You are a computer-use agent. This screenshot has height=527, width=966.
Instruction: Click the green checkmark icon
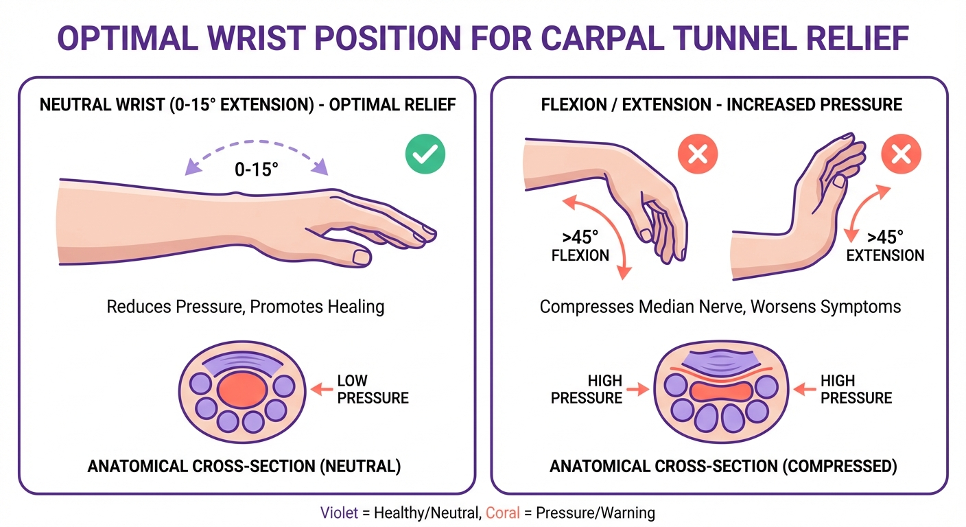(x=425, y=154)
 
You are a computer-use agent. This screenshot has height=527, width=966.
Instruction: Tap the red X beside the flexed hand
(x=698, y=154)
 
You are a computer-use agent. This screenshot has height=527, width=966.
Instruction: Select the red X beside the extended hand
(x=901, y=154)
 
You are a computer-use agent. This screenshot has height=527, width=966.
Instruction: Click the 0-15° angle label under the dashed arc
(x=257, y=170)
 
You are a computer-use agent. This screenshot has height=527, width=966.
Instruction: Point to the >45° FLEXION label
(x=580, y=246)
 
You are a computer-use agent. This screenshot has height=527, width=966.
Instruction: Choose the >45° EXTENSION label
(x=885, y=246)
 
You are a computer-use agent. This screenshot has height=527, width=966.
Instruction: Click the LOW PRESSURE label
(x=373, y=389)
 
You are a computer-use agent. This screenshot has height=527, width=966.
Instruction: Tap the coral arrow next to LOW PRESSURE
(x=321, y=389)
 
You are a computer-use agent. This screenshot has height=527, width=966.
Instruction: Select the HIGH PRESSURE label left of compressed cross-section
(x=587, y=389)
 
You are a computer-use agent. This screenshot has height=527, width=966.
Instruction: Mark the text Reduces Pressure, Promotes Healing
(x=245, y=306)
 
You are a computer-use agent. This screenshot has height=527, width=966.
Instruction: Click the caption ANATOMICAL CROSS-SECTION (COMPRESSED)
(x=723, y=467)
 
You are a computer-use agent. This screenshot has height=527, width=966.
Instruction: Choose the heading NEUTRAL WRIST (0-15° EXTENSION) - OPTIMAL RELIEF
(x=246, y=105)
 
